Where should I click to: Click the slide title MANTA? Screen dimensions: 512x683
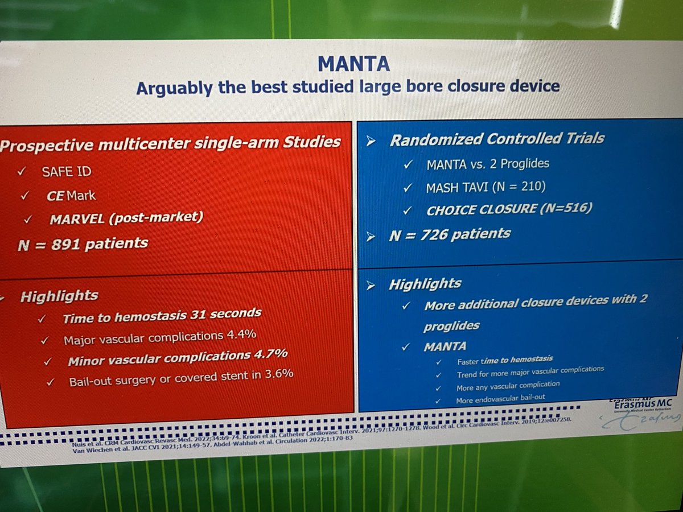click(x=353, y=64)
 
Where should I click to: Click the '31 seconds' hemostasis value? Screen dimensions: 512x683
click(x=225, y=313)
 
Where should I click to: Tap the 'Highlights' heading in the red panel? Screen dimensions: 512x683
click(x=59, y=296)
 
